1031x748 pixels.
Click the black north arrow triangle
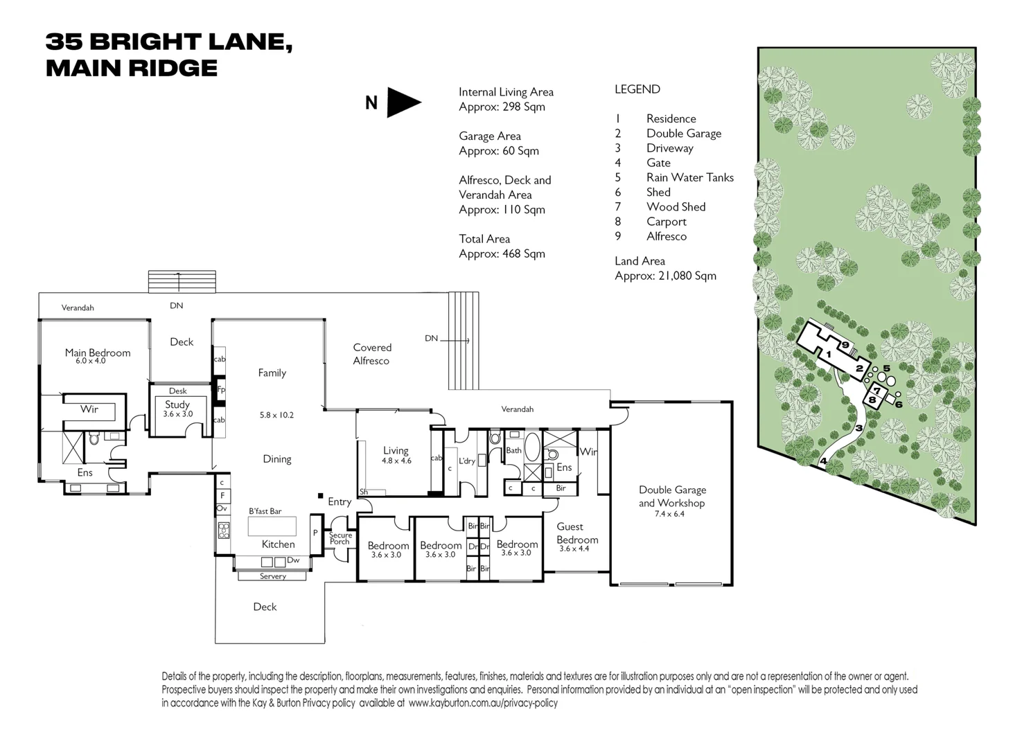coord(403,103)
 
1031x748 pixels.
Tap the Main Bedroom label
coord(98,353)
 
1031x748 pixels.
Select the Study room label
coord(177,404)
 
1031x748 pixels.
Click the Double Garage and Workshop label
coord(671,496)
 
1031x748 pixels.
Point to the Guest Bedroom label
coord(576,533)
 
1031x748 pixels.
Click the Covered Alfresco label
coord(372,354)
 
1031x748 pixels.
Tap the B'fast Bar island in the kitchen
coord(272,526)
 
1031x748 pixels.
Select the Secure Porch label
coord(340,538)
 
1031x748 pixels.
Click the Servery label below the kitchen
coord(273,576)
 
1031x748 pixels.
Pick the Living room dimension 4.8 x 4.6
coord(396,461)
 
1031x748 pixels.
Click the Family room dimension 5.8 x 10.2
coord(276,415)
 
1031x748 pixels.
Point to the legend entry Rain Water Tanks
coord(689,177)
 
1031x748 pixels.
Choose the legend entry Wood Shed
coord(676,206)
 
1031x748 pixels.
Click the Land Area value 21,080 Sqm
coord(665,276)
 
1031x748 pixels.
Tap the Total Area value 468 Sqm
coord(502,253)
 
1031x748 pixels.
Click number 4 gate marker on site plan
coord(823,461)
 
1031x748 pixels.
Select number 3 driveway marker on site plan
coord(858,428)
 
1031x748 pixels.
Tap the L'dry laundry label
coord(466,461)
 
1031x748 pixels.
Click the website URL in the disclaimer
coord(483,703)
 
